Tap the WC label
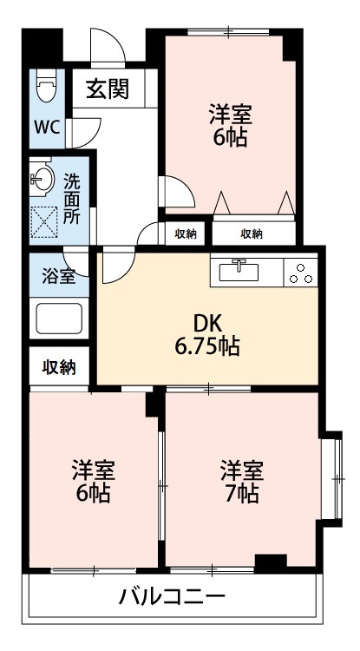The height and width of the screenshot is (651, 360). pos(46,128)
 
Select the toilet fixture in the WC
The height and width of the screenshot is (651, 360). pos(46,87)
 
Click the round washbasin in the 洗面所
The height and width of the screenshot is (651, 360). pos(41,181)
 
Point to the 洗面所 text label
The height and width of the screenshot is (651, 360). pos(73,200)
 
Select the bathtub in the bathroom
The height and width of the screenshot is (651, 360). pos(59,319)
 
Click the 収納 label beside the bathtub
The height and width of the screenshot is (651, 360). pos(59,366)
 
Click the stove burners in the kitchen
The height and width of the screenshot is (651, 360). pos(301,272)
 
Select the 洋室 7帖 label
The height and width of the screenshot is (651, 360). pos(240,482)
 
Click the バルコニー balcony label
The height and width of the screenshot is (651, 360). pos(172,597)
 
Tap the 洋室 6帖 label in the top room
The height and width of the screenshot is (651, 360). pos(228,124)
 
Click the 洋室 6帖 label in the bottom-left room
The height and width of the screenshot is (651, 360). pos(92,483)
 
